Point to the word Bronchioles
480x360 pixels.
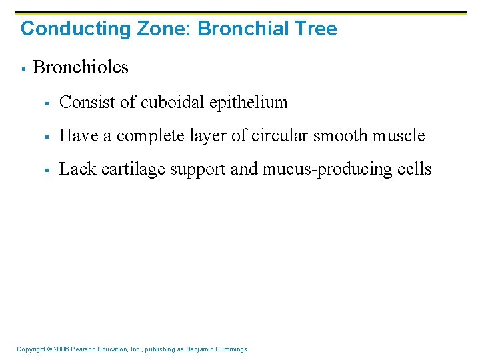click(x=81, y=67)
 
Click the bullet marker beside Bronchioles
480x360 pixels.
click(x=23, y=68)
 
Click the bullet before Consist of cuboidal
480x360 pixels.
click(x=48, y=103)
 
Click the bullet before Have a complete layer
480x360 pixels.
click(x=48, y=136)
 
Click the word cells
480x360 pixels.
click(x=415, y=169)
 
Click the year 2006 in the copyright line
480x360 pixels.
click(x=61, y=349)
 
